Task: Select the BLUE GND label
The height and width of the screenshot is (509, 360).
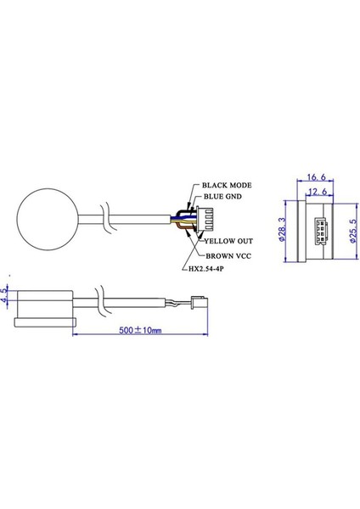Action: pyautogui.click(x=222, y=197)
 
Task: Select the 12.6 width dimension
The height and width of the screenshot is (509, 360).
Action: pyautogui.click(x=318, y=192)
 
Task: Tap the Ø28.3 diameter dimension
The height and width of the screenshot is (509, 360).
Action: pyautogui.click(x=282, y=227)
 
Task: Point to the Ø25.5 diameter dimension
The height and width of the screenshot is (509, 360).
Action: pyautogui.click(x=348, y=227)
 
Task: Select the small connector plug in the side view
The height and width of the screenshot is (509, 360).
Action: pyautogui.click(x=197, y=303)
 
